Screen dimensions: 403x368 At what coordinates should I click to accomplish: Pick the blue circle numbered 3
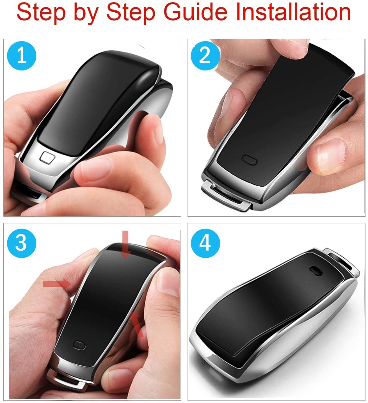click(22, 242)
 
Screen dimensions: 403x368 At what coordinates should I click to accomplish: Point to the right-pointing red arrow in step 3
click(56, 284)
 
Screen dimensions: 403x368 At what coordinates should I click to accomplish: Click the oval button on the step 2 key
click(250, 159)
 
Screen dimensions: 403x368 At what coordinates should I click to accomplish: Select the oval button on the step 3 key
click(79, 345)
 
